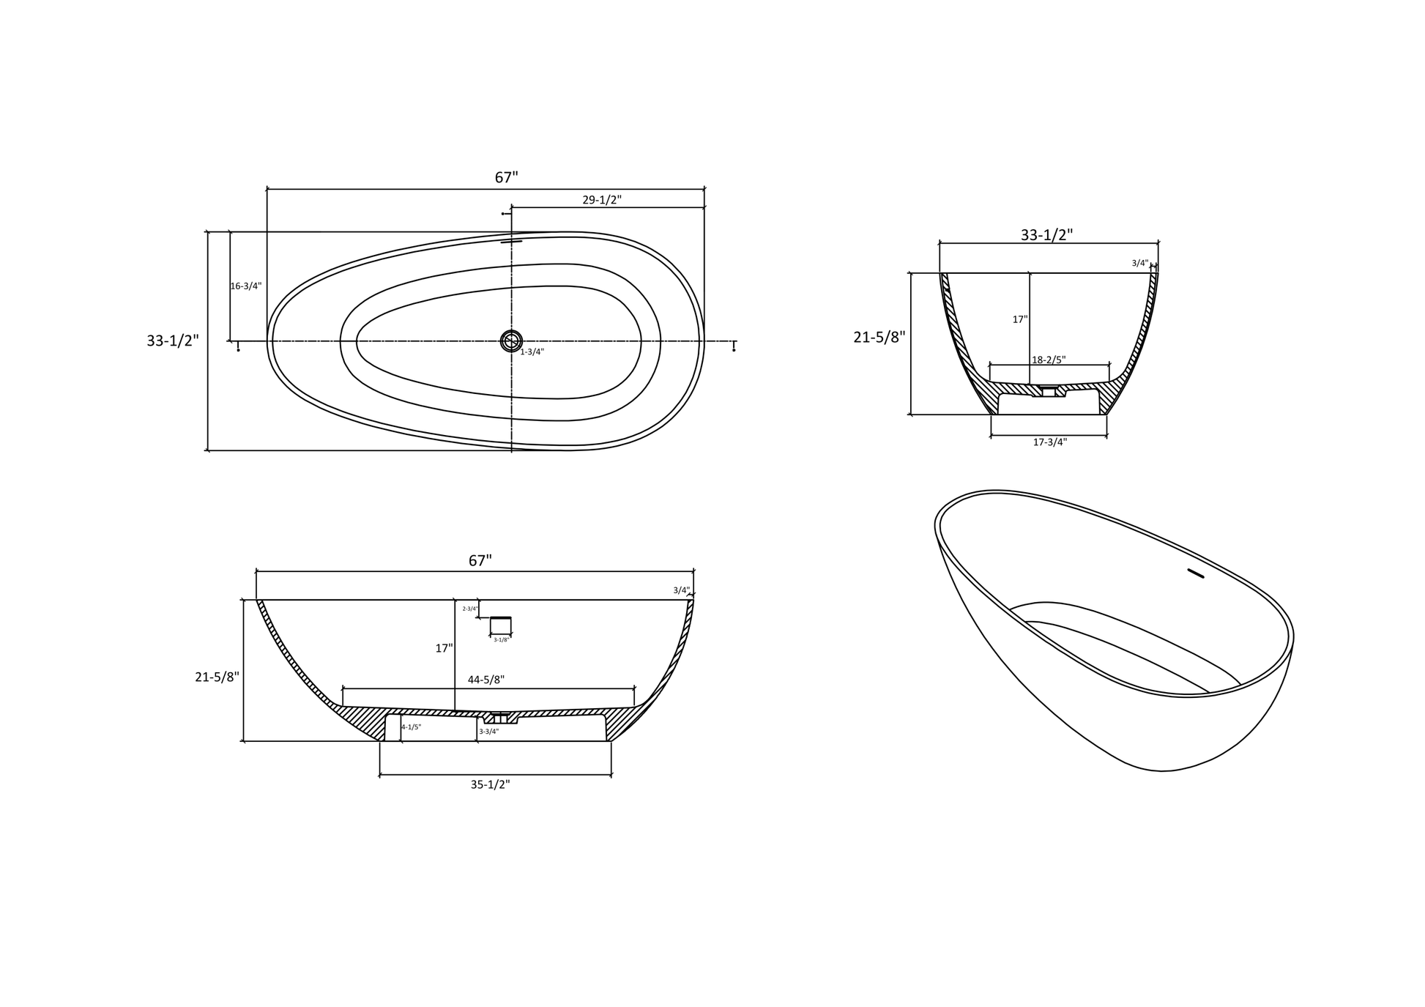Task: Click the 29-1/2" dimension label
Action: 602,200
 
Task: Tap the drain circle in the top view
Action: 511,341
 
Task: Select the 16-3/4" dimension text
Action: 245,286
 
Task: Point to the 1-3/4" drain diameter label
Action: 532,352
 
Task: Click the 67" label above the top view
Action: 506,178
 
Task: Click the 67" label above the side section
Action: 480,561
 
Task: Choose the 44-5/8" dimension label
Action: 485,680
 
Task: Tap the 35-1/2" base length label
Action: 490,784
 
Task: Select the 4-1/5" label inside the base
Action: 411,727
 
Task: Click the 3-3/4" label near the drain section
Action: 488,732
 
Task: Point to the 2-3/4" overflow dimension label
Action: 469,609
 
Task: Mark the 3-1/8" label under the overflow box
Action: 501,640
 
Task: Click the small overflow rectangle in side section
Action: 501,625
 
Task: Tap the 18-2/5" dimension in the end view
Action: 1049,360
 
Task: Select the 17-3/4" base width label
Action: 1049,442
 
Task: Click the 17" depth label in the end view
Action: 1019,320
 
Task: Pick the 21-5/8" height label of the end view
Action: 879,338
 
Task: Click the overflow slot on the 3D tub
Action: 1195,573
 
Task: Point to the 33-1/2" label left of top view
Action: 173,341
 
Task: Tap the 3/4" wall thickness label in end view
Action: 1139,263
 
